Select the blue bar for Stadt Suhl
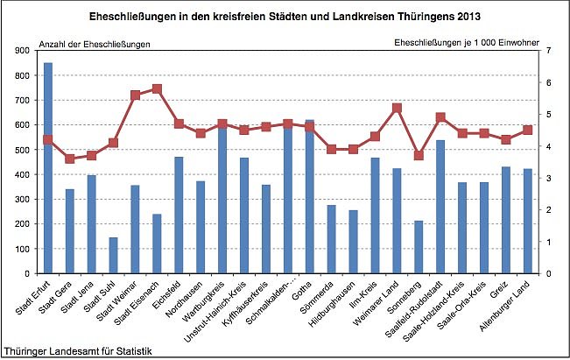(x=113, y=255)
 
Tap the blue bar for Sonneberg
(x=419, y=247)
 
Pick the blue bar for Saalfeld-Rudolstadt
(x=440, y=207)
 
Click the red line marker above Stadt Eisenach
(x=157, y=88)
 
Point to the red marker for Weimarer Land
(x=397, y=108)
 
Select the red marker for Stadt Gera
(x=69, y=159)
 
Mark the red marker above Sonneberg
(x=419, y=155)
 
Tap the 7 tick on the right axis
(x=547, y=51)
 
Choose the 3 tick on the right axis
(x=547, y=178)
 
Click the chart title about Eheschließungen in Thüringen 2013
(x=285, y=17)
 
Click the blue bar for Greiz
(x=506, y=220)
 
